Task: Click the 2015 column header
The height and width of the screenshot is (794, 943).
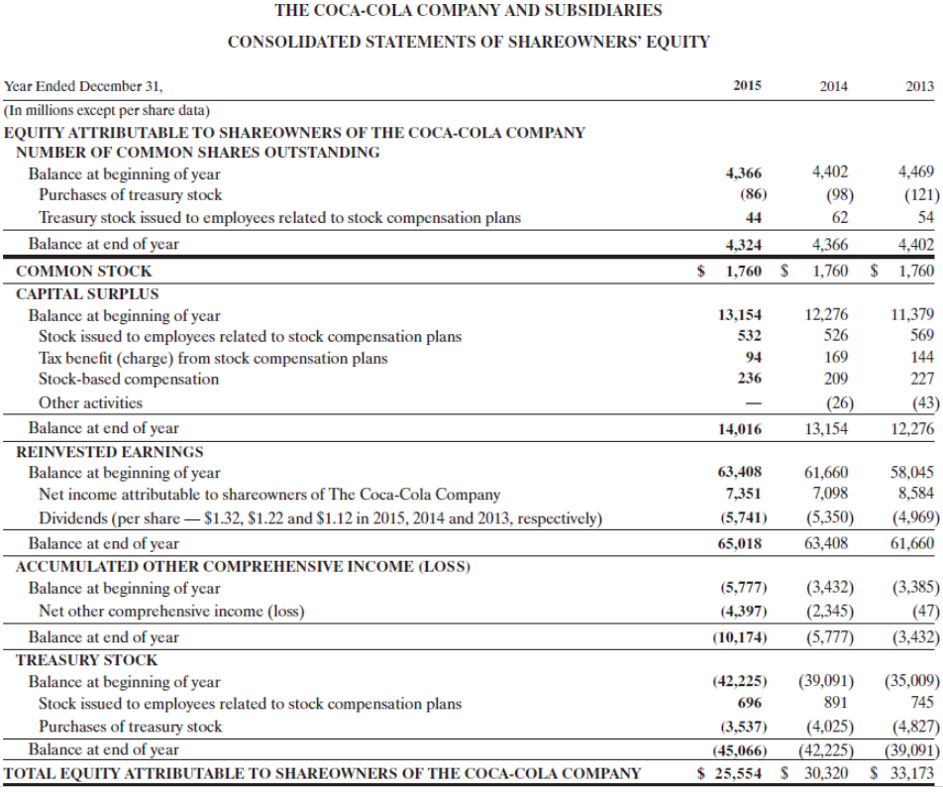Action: (747, 86)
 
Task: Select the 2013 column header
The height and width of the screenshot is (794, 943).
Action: (919, 86)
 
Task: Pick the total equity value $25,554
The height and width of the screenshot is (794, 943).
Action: (731, 773)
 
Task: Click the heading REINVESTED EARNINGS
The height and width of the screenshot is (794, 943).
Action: (110, 451)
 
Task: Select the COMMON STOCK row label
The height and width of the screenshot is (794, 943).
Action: (84, 271)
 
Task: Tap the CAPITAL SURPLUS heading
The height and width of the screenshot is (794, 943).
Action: (87, 293)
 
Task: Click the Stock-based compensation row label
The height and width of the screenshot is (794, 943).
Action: (129, 379)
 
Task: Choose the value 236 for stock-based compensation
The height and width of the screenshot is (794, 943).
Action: (750, 379)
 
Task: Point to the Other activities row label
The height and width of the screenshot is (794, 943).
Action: (90, 402)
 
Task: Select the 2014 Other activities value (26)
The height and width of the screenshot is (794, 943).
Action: (837, 402)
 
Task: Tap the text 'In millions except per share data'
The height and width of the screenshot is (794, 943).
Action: (107, 109)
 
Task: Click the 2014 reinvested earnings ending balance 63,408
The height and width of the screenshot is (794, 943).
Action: (829, 543)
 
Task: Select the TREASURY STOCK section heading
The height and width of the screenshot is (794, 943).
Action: (87, 659)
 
